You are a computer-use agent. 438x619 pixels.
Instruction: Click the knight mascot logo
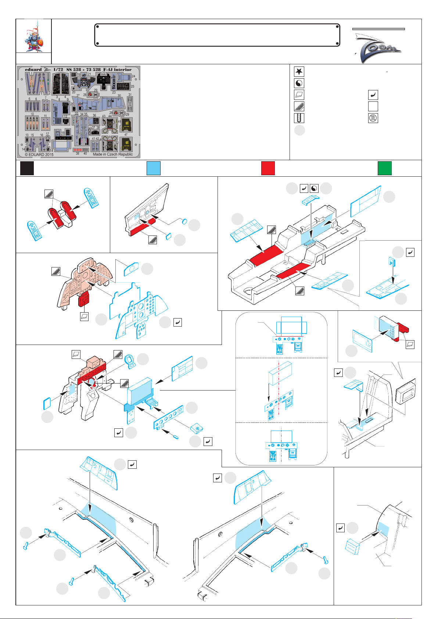33,36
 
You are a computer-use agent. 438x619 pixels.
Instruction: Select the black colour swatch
27,168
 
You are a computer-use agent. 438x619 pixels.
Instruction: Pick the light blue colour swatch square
153,168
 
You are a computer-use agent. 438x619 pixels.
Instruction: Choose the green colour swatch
384,168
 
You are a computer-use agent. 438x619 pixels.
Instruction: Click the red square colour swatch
268,168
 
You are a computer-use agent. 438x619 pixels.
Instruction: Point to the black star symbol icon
299,72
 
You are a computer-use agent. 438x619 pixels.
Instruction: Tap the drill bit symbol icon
299,118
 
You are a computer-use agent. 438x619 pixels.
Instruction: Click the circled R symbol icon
373,118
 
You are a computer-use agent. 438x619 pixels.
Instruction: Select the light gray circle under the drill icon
299,130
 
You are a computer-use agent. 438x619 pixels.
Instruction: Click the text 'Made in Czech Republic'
113,154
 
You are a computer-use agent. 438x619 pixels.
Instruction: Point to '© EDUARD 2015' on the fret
39,155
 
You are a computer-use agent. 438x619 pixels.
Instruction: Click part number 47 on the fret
126,135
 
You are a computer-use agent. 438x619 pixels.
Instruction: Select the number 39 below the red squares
78,154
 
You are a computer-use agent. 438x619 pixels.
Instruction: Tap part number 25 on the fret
132,87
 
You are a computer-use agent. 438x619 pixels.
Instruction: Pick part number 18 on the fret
63,133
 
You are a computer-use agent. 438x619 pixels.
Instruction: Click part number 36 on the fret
94,115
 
